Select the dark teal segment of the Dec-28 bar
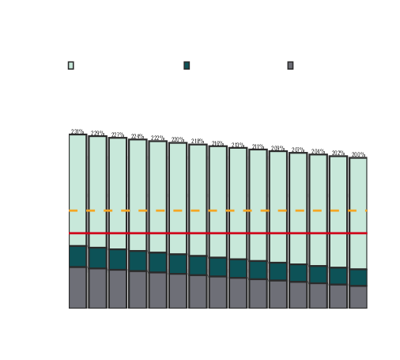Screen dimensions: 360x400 pyautogui.click(x=358, y=277)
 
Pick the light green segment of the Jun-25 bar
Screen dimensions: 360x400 pyautogui.click(x=77, y=190)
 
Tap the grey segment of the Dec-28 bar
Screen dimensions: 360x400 pyautogui.click(x=358, y=297)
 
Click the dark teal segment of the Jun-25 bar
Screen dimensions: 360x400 pyautogui.click(x=77, y=256)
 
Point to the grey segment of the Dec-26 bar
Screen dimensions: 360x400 pyautogui.click(x=198, y=292)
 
